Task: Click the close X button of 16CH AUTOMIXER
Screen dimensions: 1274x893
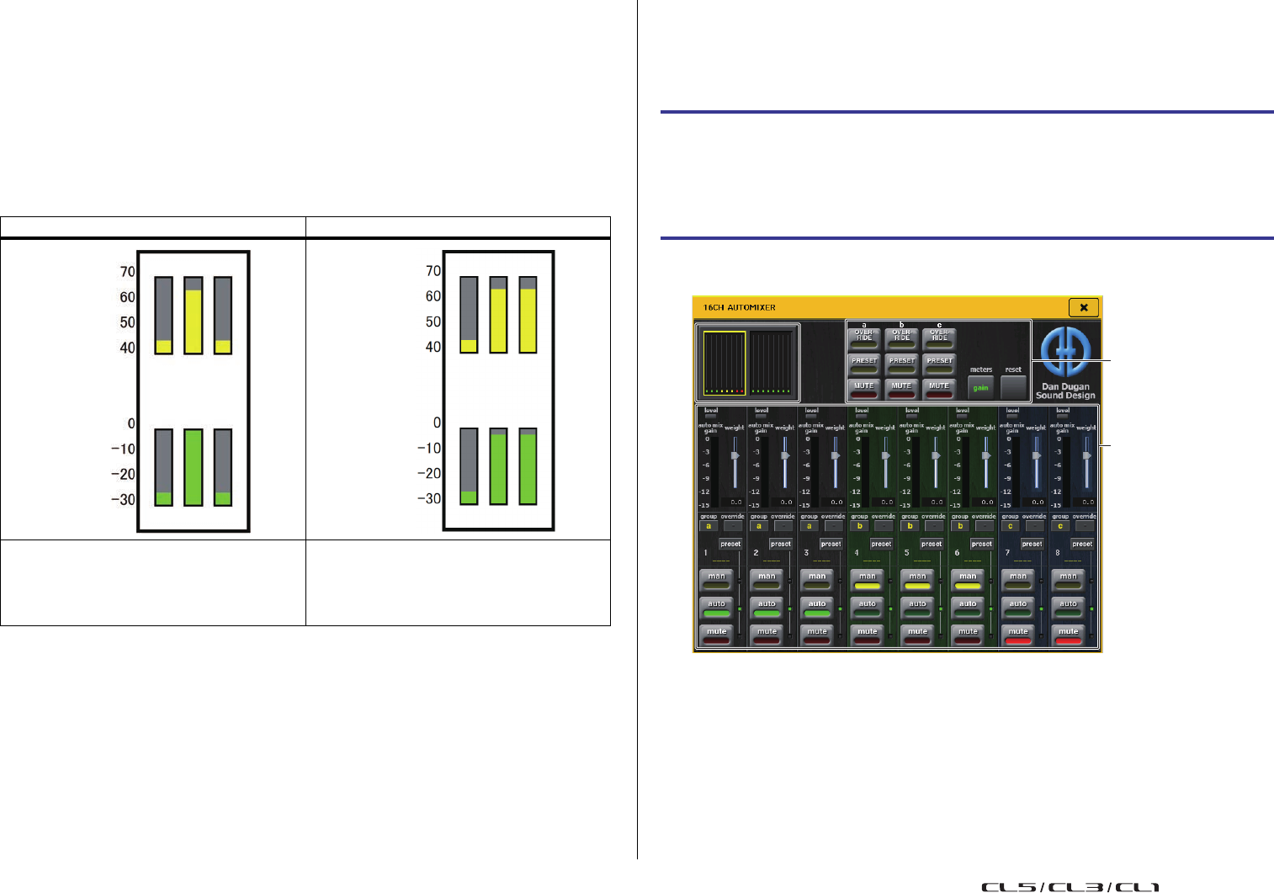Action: point(1083,307)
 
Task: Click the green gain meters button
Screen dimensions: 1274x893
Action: point(980,387)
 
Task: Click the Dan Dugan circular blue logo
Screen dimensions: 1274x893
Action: point(1065,352)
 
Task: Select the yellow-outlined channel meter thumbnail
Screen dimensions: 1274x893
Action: point(724,363)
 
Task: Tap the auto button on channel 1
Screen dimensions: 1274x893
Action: point(716,606)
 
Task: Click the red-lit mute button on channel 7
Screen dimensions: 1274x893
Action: point(1018,634)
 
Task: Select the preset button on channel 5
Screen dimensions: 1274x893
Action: point(931,544)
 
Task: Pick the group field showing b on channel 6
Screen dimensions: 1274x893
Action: point(960,526)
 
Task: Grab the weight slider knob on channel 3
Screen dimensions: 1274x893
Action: point(835,455)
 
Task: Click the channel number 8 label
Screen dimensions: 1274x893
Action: point(1057,553)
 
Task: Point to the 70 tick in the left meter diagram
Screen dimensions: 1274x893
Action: point(127,272)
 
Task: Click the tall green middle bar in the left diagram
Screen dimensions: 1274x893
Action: point(193,466)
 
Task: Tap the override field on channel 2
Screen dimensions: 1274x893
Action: point(783,526)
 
